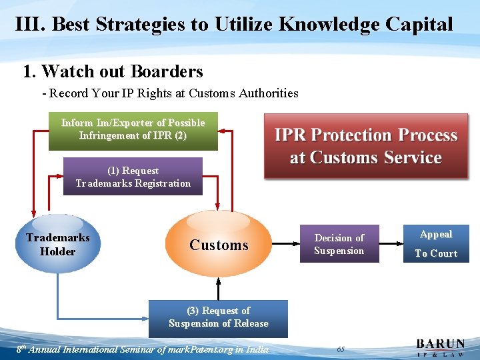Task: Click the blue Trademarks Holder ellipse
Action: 58,244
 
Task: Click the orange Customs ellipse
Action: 219,244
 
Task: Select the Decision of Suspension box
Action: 339,244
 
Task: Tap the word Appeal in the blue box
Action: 436,234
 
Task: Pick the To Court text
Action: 436,253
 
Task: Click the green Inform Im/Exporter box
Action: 133,130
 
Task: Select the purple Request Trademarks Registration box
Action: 133,177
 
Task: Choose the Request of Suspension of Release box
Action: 218,317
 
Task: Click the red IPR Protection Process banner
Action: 366,146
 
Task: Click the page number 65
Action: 341,349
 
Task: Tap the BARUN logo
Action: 441,347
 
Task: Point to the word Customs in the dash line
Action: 212,93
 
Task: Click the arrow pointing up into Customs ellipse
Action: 219,288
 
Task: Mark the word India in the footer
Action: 257,349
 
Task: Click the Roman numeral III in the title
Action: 30,25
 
